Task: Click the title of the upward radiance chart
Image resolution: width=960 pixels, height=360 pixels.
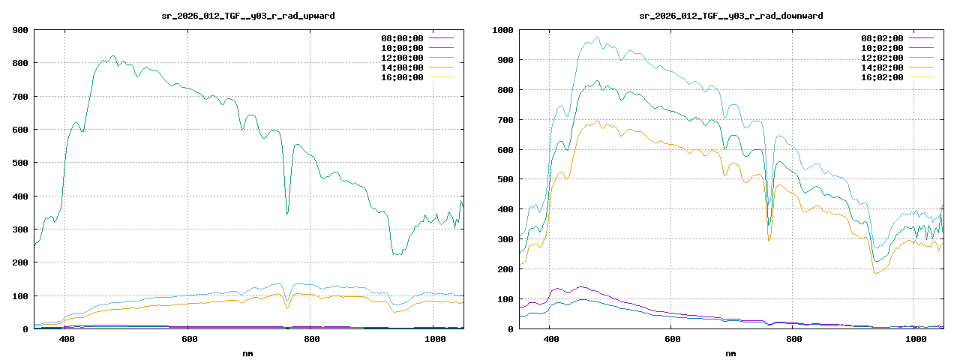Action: (248, 16)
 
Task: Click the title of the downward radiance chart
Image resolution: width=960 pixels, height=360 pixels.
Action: (731, 16)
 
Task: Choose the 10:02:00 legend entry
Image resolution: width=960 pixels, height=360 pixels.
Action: (882, 48)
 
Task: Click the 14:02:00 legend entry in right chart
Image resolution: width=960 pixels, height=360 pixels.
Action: (882, 67)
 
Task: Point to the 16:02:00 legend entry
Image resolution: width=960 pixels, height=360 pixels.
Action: (882, 77)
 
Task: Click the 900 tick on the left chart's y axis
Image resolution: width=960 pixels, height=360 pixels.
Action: (20, 30)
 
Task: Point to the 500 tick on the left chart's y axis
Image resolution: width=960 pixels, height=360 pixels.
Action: (20, 163)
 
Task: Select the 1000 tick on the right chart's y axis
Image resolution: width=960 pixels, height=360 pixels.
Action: (502, 30)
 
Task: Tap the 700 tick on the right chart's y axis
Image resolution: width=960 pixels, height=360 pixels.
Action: (505, 120)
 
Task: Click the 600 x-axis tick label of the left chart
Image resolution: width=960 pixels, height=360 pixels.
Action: (189, 340)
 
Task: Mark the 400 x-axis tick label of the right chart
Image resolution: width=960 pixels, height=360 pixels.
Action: (550, 340)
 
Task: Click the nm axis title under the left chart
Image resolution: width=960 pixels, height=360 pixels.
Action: (248, 352)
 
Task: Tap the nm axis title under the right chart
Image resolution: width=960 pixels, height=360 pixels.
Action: (731, 352)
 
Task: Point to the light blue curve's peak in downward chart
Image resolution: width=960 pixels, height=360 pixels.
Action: (597, 37)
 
